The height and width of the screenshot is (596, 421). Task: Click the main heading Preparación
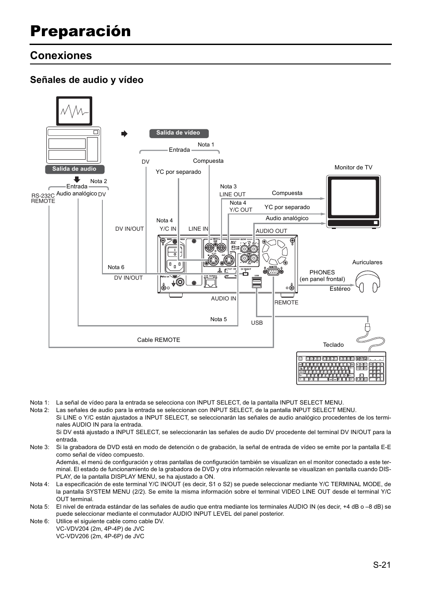pos(80,31)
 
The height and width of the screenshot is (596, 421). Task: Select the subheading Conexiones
pos(61,56)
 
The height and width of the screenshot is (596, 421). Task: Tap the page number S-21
pos(381,565)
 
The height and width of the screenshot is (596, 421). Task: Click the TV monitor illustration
pos(353,201)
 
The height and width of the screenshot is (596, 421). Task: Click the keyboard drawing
pos(341,368)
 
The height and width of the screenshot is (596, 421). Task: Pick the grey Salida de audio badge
pos(74,169)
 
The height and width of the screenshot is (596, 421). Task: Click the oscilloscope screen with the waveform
pos(74,111)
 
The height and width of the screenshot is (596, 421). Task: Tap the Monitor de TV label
pos(353,168)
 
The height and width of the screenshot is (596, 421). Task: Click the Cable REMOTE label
pos(158,340)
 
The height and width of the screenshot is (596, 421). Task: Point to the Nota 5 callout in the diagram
pos(218,319)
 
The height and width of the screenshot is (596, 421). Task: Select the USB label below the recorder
pos(257,323)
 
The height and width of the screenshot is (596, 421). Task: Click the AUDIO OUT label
pos(271,231)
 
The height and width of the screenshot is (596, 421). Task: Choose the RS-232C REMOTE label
pos(43,198)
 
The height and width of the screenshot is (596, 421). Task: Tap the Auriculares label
pos(367,262)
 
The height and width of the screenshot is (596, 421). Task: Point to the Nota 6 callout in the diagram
pos(116,267)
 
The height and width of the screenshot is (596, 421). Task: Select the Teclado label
pos(333,345)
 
